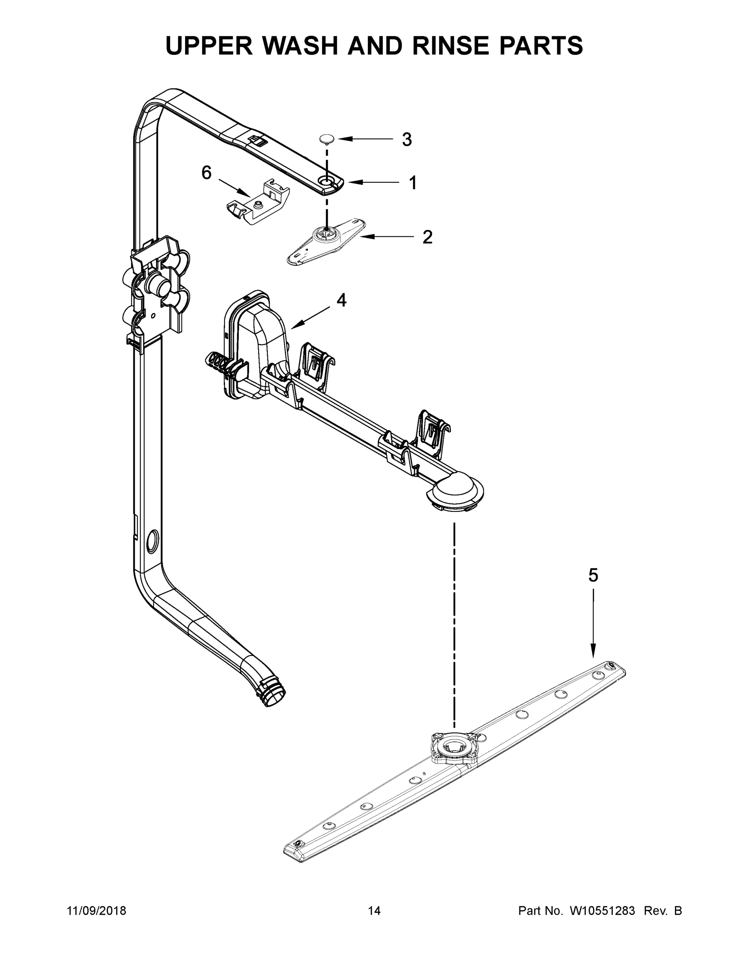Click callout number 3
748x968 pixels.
(407, 140)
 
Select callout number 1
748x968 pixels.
(413, 183)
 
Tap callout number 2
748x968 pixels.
(427, 237)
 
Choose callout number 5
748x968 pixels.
(593, 575)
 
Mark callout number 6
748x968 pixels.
(206, 173)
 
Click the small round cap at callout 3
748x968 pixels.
(327, 139)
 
